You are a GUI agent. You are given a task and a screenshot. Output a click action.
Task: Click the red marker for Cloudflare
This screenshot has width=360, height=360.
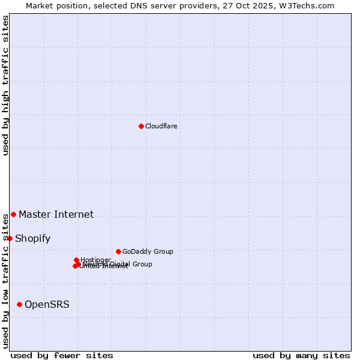(141, 126)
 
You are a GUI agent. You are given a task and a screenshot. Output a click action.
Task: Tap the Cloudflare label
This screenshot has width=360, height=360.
(161, 126)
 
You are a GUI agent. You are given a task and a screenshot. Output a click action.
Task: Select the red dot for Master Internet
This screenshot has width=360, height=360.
(13, 214)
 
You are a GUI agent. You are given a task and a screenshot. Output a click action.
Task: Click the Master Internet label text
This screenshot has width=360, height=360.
(56, 214)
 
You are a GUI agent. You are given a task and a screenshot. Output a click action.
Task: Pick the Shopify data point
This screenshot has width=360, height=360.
(10, 238)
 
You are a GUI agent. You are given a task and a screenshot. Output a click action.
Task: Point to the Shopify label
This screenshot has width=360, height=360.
(32, 238)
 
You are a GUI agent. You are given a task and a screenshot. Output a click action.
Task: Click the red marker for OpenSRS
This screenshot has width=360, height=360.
(19, 304)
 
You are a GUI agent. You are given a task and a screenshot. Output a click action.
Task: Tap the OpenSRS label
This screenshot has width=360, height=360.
(47, 304)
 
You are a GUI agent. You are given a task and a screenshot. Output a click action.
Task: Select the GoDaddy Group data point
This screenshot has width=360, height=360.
(118, 251)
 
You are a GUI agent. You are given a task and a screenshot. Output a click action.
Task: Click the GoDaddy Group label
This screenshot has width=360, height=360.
(148, 251)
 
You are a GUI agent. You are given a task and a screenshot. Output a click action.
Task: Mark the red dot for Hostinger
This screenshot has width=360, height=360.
(76, 260)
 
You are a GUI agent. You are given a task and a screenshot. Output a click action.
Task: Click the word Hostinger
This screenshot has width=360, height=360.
(95, 259)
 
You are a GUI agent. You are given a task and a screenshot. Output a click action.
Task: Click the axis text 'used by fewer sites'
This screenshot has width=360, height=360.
(62, 355)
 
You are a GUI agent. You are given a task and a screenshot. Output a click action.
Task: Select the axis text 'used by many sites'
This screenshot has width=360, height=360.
(301, 355)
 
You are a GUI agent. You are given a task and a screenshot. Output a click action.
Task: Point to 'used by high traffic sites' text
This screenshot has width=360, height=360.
(6, 85)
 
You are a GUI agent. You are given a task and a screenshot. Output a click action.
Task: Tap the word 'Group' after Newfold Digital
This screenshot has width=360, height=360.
(142, 264)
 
